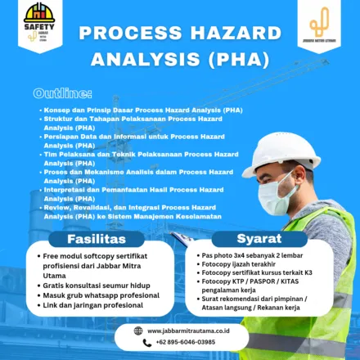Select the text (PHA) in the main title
coord(237,59)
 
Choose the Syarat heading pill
coord(259,240)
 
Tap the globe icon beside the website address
coord(137,331)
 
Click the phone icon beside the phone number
coord(137,342)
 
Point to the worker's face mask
coord(276,197)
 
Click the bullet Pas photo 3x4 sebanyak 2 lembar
coord(254,255)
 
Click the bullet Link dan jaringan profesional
coord(93,305)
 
